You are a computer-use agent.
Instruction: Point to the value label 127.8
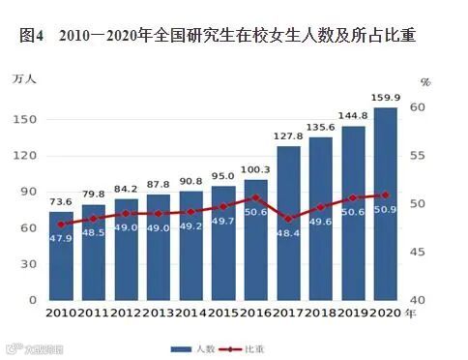[x=288, y=136]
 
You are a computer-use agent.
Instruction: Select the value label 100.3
[x=256, y=169]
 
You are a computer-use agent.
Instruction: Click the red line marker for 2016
[x=255, y=197]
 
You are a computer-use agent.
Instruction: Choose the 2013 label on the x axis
[x=159, y=314]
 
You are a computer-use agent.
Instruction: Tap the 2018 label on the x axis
[x=321, y=314]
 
